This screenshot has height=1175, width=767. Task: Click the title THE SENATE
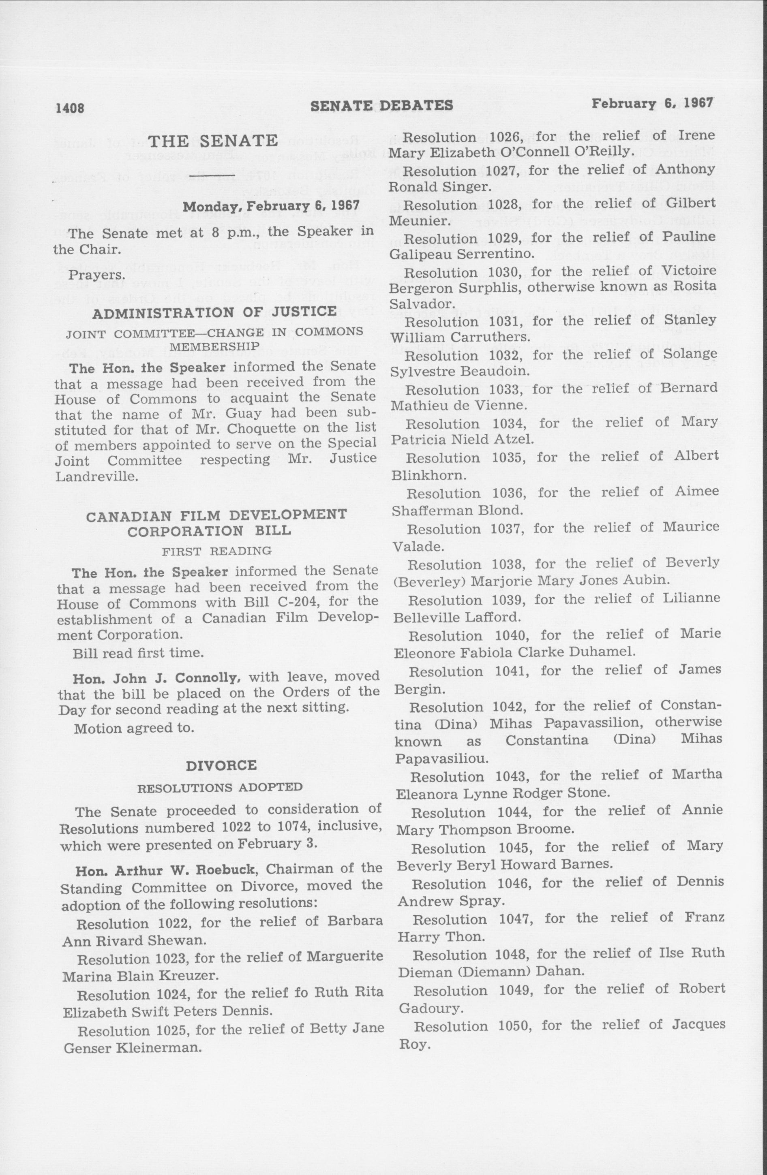213,141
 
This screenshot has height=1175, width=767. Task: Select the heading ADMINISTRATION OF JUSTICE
214,312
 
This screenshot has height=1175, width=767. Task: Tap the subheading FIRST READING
217,550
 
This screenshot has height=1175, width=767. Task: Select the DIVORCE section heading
221,766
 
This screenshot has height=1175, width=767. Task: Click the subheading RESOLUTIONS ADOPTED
219,787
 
